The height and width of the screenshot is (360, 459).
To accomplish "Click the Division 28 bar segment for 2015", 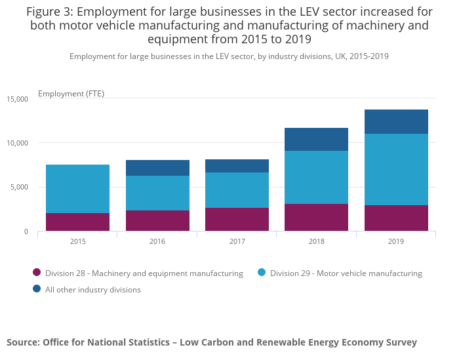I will [77, 222].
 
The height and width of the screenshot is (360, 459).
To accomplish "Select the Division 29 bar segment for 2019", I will [396, 169].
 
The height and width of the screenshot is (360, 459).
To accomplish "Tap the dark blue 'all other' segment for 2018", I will [316, 139].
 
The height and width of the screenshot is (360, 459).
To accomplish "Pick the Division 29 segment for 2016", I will [157, 193].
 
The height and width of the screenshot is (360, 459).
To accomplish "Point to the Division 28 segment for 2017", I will [237, 219].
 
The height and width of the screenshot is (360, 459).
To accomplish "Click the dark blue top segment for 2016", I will [157, 168].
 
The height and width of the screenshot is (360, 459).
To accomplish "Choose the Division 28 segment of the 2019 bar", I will [396, 218].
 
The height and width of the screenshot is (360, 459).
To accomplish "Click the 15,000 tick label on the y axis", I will [18, 99].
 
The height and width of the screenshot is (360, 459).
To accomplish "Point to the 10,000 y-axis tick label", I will [18, 143].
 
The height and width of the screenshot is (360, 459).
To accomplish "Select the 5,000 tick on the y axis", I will [20, 188].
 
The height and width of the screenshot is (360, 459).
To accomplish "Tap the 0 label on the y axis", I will [26, 231].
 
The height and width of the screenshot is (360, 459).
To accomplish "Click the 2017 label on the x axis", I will [237, 242].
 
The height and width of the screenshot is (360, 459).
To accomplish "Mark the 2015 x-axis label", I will [77, 242].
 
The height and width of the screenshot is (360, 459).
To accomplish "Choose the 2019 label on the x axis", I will [396, 242].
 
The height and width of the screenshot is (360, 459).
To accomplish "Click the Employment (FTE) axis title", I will [71, 94].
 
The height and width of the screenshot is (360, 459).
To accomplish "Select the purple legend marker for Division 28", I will [37, 273].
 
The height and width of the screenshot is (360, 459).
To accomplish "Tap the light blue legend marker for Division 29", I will [261, 273].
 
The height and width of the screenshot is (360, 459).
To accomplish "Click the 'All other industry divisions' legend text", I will [92, 289].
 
